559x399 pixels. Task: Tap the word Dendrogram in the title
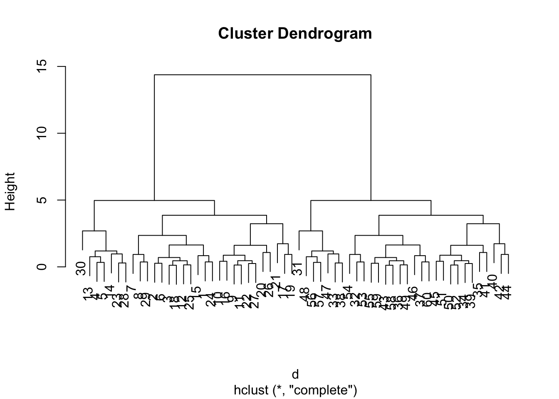[325, 33]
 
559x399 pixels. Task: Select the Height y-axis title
[10, 192]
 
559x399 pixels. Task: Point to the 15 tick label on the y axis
[42, 66]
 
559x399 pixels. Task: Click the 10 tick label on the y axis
[42, 133]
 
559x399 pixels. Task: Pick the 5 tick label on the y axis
[42, 200]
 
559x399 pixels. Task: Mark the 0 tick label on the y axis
[42, 266]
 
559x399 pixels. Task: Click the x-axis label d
[295, 374]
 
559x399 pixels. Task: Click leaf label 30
[81, 268]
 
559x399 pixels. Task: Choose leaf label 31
[297, 268]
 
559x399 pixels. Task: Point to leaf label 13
[88, 294]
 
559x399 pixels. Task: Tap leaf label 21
[276, 281]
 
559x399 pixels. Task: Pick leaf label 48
[305, 294]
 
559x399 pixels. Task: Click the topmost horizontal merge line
[262, 75]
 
